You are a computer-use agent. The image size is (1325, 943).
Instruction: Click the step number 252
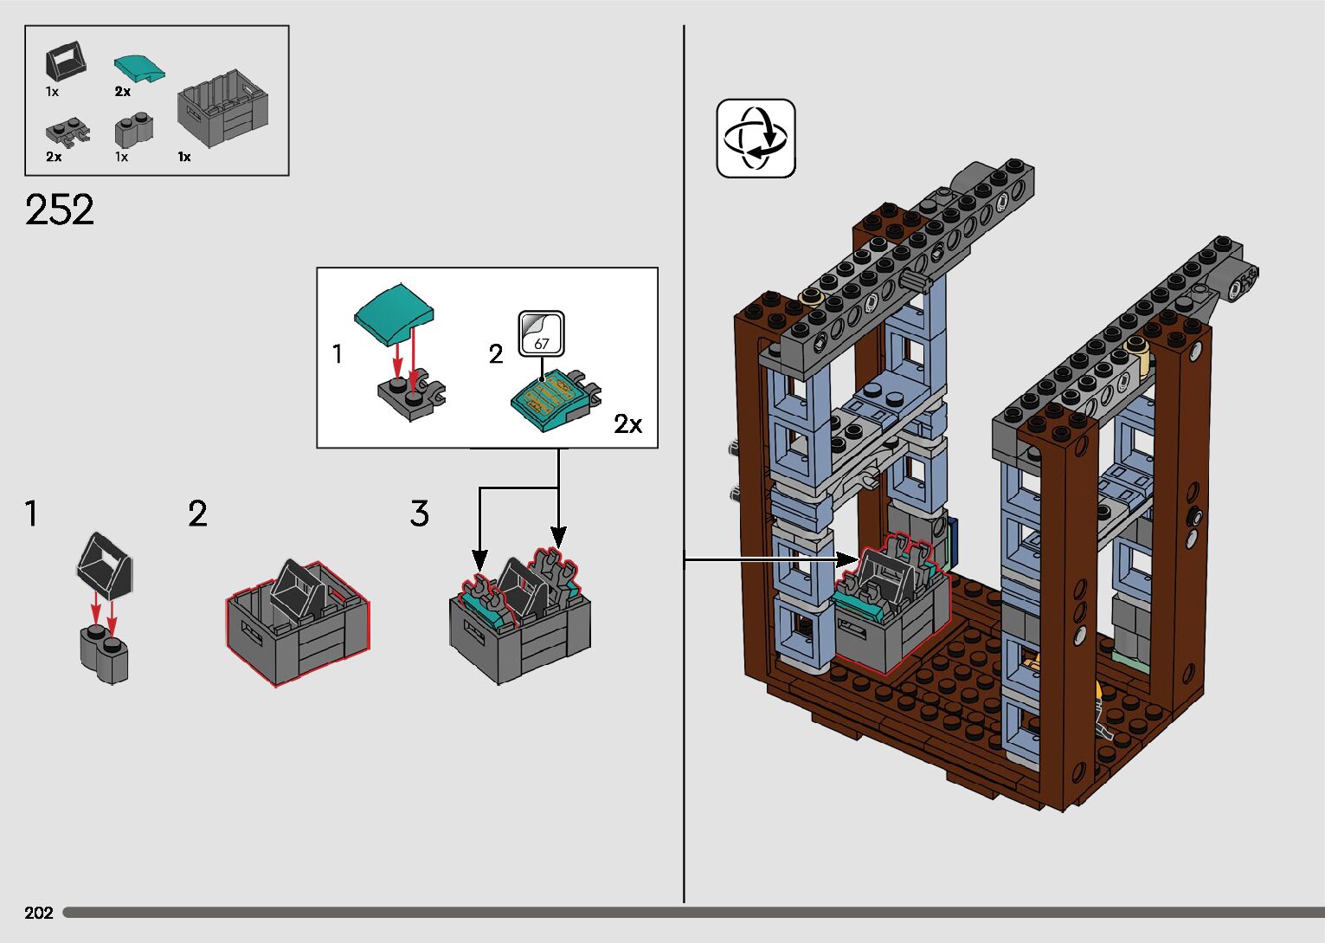coord(60,210)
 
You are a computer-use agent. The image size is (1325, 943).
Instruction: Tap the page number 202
coord(39,913)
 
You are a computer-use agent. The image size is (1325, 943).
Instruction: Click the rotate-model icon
coord(756,139)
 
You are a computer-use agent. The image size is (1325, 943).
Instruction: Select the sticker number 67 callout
coord(542,334)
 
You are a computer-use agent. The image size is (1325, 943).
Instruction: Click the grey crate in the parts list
coord(222,109)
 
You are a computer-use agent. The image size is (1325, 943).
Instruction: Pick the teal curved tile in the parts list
coord(138,68)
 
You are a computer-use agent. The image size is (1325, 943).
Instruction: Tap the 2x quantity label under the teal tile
coord(123,91)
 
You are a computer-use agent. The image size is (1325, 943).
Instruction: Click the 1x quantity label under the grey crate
coord(184,157)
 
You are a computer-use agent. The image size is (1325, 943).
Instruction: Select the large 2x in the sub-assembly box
coord(629,423)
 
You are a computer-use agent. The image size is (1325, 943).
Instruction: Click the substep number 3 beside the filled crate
coord(420,514)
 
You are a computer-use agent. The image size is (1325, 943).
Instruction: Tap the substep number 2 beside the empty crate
coord(197,514)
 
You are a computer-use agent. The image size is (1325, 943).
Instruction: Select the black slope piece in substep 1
coord(106,564)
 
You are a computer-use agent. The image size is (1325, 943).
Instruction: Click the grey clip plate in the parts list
coord(66,132)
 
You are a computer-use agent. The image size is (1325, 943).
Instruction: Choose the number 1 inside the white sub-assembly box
coord(338,353)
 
